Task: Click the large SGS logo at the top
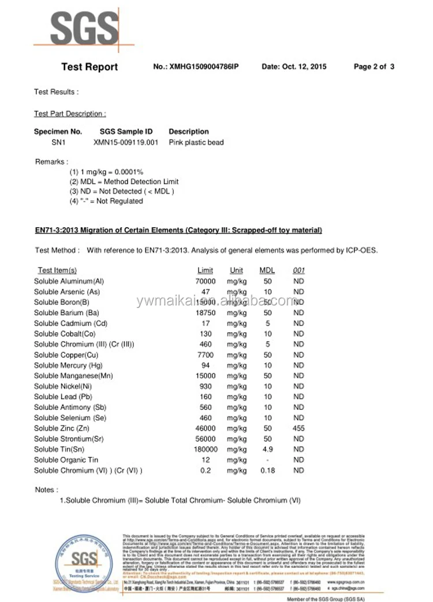pos(84,28)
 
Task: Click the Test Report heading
pos(89,67)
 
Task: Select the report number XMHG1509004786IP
pos(196,67)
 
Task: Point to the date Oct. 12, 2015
pos(294,67)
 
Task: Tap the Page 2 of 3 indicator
pos(374,67)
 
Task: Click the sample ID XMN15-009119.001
pos(125,142)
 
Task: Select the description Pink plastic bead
pos(196,142)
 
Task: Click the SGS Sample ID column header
pos(126,131)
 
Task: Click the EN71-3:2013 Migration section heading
pos(178,231)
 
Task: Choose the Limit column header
pos(205,270)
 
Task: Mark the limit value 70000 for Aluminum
pos(206,281)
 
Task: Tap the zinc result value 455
pos(298,428)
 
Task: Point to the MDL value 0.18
pos(267,471)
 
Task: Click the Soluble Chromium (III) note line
pos(180,500)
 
